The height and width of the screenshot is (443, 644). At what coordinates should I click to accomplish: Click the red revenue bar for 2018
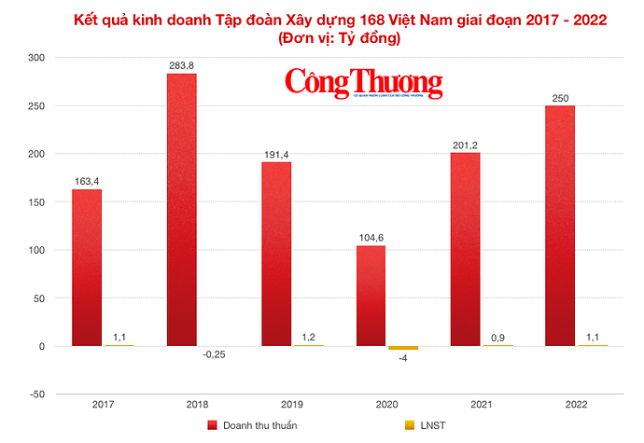(x=181, y=209)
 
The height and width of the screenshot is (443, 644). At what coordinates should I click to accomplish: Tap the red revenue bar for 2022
(x=559, y=226)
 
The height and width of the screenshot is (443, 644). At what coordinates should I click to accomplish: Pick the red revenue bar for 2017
(x=87, y=268)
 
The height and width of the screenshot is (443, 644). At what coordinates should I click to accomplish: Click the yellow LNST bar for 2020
(x=403, y=348)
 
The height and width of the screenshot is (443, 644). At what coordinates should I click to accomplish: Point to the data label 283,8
(x=181, y=65)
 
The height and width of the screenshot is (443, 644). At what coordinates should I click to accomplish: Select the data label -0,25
(x=215, y=354)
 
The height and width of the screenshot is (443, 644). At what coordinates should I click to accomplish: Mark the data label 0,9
(x=497, y=336)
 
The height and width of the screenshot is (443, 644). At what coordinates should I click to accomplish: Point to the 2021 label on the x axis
(x=482, y=404)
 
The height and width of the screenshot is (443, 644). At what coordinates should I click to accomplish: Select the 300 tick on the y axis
(x=35, y=57)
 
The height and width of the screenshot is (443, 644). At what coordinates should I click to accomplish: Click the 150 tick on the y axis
(x=35, y=201)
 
